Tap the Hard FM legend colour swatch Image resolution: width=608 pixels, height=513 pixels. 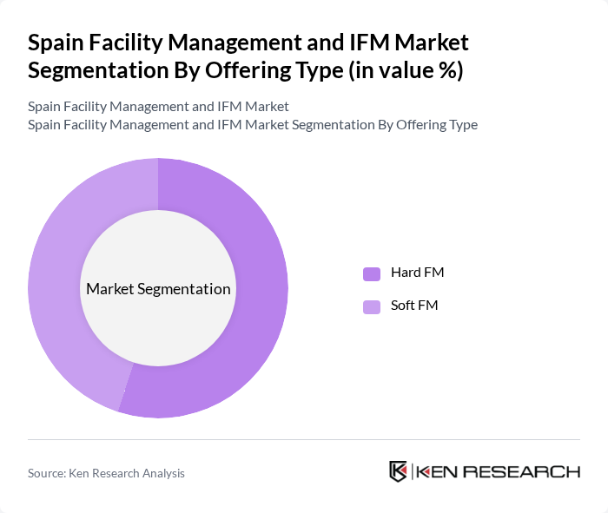click(372, 273)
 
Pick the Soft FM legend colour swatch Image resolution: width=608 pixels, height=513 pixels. click(372, 306)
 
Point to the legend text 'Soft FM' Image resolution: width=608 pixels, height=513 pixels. click(414, 306)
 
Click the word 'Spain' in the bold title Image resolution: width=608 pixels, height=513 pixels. click(54, 43)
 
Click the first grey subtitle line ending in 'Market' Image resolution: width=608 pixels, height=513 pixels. click(158, 107)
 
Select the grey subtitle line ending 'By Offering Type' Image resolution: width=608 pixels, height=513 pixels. click(252, 124)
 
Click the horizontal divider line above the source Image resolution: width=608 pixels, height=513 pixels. click(304, 439)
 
